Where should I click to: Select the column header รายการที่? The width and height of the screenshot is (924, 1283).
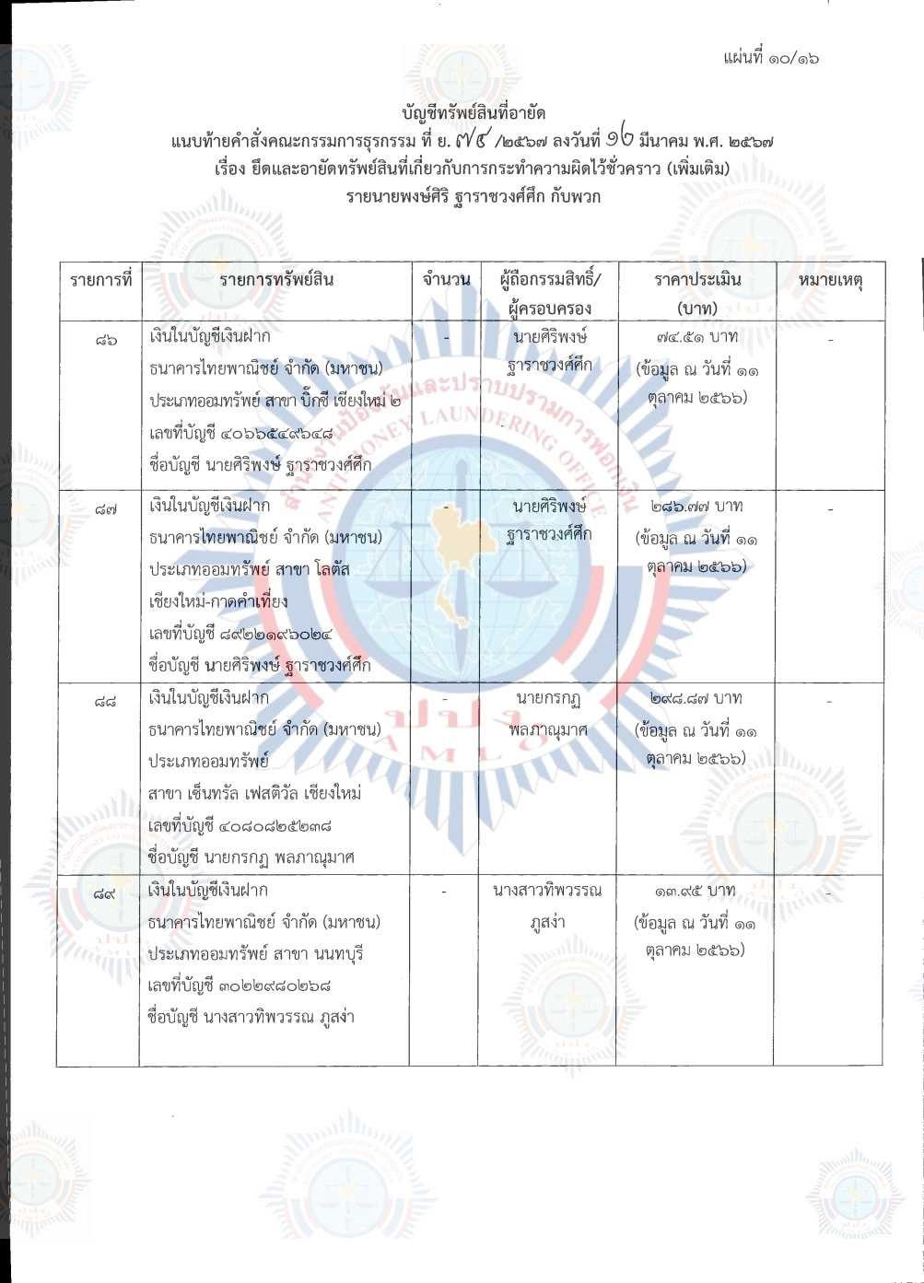tap(98, 280)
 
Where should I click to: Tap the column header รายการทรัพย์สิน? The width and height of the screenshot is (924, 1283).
tap(275, 280)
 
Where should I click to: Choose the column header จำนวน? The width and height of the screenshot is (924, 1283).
tap(446, 280)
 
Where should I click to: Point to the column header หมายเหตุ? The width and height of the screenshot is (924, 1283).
tap(829, 280)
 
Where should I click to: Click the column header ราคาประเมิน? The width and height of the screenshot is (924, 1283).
tap(697, 280)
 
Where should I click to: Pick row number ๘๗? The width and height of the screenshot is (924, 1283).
tap(106, 507)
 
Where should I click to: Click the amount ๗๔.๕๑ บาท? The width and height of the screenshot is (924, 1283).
tap(697, 337)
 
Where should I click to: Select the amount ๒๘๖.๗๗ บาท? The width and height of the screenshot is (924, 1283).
tap(697, 507)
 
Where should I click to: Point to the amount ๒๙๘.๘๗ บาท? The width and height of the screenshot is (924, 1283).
tap(697, 699)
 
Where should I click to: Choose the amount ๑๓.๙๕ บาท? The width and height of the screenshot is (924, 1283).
tap(697, 891)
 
